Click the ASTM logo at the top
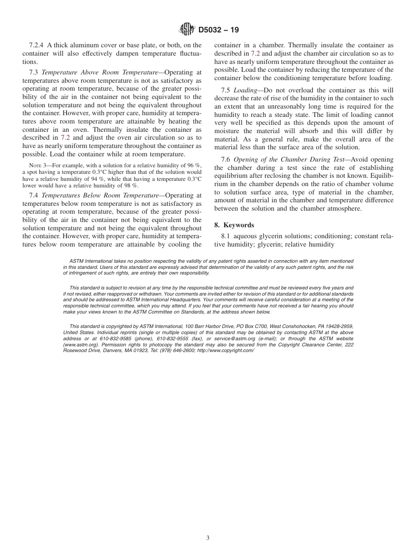point(187,30)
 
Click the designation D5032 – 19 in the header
point(219,30)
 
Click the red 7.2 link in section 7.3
point(65,138)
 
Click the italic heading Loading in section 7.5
point(246,90)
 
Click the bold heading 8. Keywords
point(234,225)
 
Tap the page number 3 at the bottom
point(208,538)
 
